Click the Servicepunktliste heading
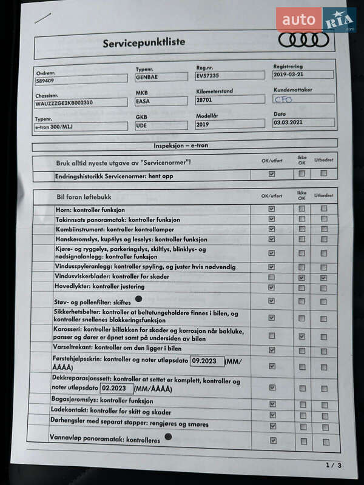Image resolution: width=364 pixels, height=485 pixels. [x=144, y=43]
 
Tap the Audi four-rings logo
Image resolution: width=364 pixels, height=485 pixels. [x=303, y=40]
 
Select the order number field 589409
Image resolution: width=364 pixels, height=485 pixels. [x=81, y=79]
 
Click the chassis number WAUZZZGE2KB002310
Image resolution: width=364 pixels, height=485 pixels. [x=81, y=102]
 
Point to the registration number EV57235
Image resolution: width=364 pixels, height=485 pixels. [x=230, y=76]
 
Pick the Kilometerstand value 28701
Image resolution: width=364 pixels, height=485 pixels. [x=230, y=99]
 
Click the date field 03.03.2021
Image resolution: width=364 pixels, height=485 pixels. [x=303, y=122]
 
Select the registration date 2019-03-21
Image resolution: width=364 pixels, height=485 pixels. [x=303, y=75]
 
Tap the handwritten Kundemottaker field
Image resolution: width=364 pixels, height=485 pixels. [x=303, y=98]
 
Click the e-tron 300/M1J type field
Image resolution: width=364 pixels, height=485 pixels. [x=81, y=126]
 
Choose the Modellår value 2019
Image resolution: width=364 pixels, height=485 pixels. [x=230, y=124]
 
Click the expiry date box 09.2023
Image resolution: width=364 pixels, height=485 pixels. [x=207, y=361]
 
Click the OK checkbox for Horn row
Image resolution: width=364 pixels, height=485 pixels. [x=272, y=209]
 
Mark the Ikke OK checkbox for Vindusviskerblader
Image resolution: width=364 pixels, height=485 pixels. [x=302, y=277]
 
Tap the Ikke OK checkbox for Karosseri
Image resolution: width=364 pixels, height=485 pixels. [x=302, y=336]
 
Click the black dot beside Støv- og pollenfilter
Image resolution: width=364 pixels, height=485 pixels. [x=138, y=299]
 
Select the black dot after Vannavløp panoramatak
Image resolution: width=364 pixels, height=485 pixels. [x=168, y=436]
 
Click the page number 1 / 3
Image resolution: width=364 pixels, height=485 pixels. [x=334, y=465]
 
